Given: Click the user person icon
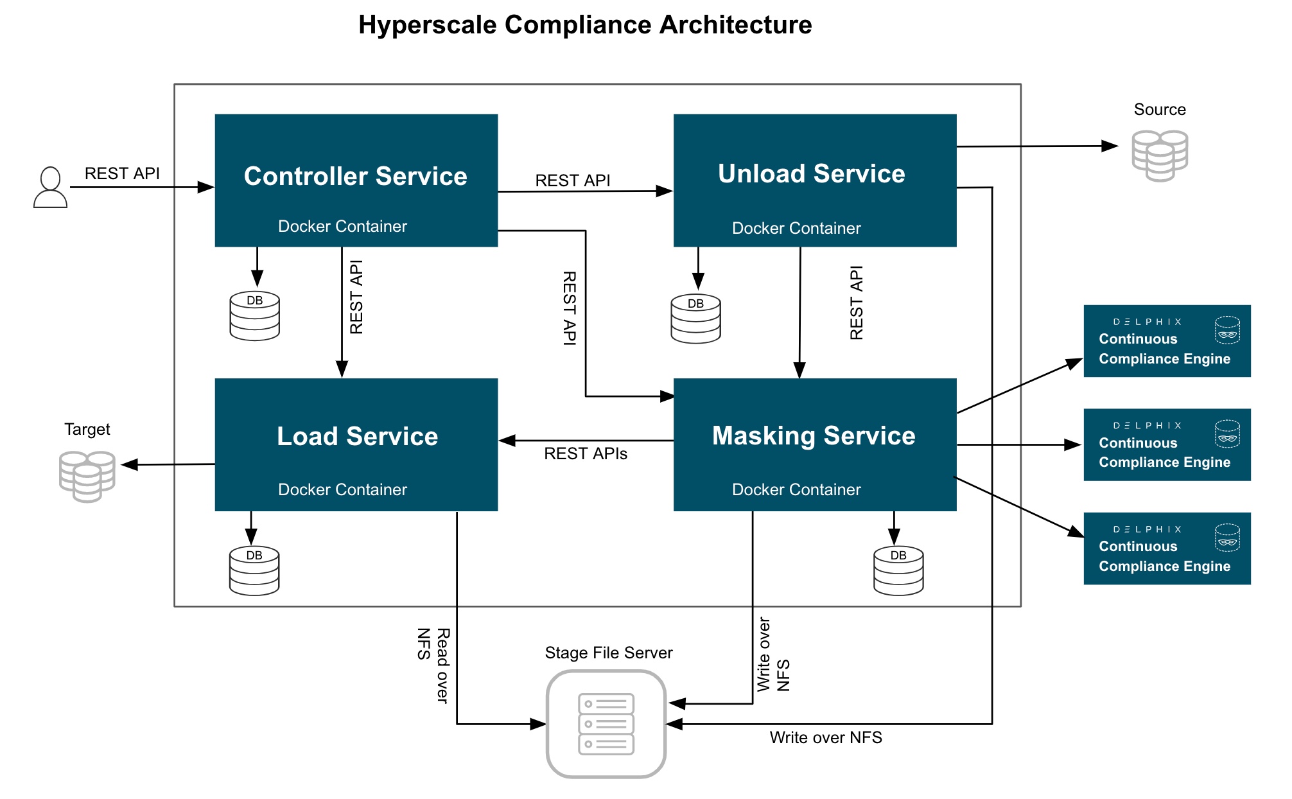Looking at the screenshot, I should pyautogui.click(x=50, y=187).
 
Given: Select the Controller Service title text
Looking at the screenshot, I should pyautogui.click(x=355, y=176).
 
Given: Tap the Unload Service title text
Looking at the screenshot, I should pyautogui.click(x=811, y=173).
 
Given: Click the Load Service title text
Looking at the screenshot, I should pyautogui.click(x=357, y=436).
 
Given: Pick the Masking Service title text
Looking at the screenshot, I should pyautogui.click(x=813, y=435).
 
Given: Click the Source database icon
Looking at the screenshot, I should pyautogui.click(x=1159, y=155).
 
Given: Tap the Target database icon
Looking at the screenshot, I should pyautogui.click(x=87, y=476).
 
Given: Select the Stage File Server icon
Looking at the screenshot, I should pyautogui.click(x=606, y=724).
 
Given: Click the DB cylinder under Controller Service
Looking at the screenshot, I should pyautogui.click(x=254, y=315).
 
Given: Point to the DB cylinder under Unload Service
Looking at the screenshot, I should pyautogui.click(x=695, y=319).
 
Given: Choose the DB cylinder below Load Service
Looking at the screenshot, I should pyautogui.click(x=254, y=570).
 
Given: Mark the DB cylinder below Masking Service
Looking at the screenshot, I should pyautogui.click(x=898, y=570).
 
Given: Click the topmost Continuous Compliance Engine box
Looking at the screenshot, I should pyautogui.click(x=1166, y=341).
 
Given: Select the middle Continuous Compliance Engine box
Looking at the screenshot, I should pyautogui.click(x=1166, y=444).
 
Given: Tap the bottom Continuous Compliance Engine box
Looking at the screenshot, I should pyautogui.click(x=1166, y=548).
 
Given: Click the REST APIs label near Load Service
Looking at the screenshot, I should pyautogui.click(x=585, y=453).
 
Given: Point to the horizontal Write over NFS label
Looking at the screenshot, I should pyautogui.click(x=825, y=737).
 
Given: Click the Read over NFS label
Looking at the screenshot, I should pyautogui.click(x=433, y=665).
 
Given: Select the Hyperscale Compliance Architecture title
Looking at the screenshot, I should pyautogui.click(x=584, y=24).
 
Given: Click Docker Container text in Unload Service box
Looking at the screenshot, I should pyautogui.click(x=796, y=228).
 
